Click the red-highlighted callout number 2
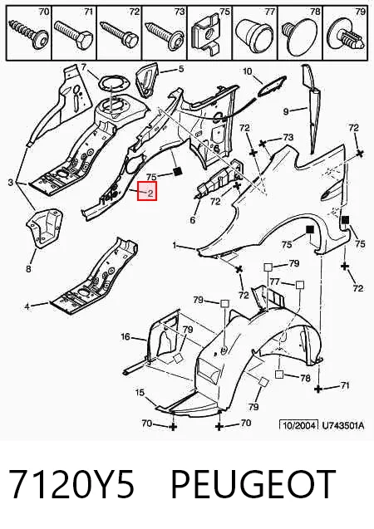pos(150,193)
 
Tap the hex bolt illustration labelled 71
pos(73,34)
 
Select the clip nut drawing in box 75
pos(207,35)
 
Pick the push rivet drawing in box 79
pos(346,36)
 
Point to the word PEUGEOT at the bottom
pos(253,484)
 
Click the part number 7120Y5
pos(71,484)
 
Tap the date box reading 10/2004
pos(298,425)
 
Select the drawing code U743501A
pos(343,425)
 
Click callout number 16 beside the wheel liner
pos(125,336)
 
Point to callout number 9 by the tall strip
pos(286,111)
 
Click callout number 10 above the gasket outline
pos(247,71)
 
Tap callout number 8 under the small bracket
pos(28,268)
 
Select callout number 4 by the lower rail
pos(27,306)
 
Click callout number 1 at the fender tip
pos(175,245)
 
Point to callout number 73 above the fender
pos(288,137)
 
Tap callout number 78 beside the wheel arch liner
pos(305,378)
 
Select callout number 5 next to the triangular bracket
pos(181,69)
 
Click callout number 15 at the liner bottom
pos(140,392)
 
